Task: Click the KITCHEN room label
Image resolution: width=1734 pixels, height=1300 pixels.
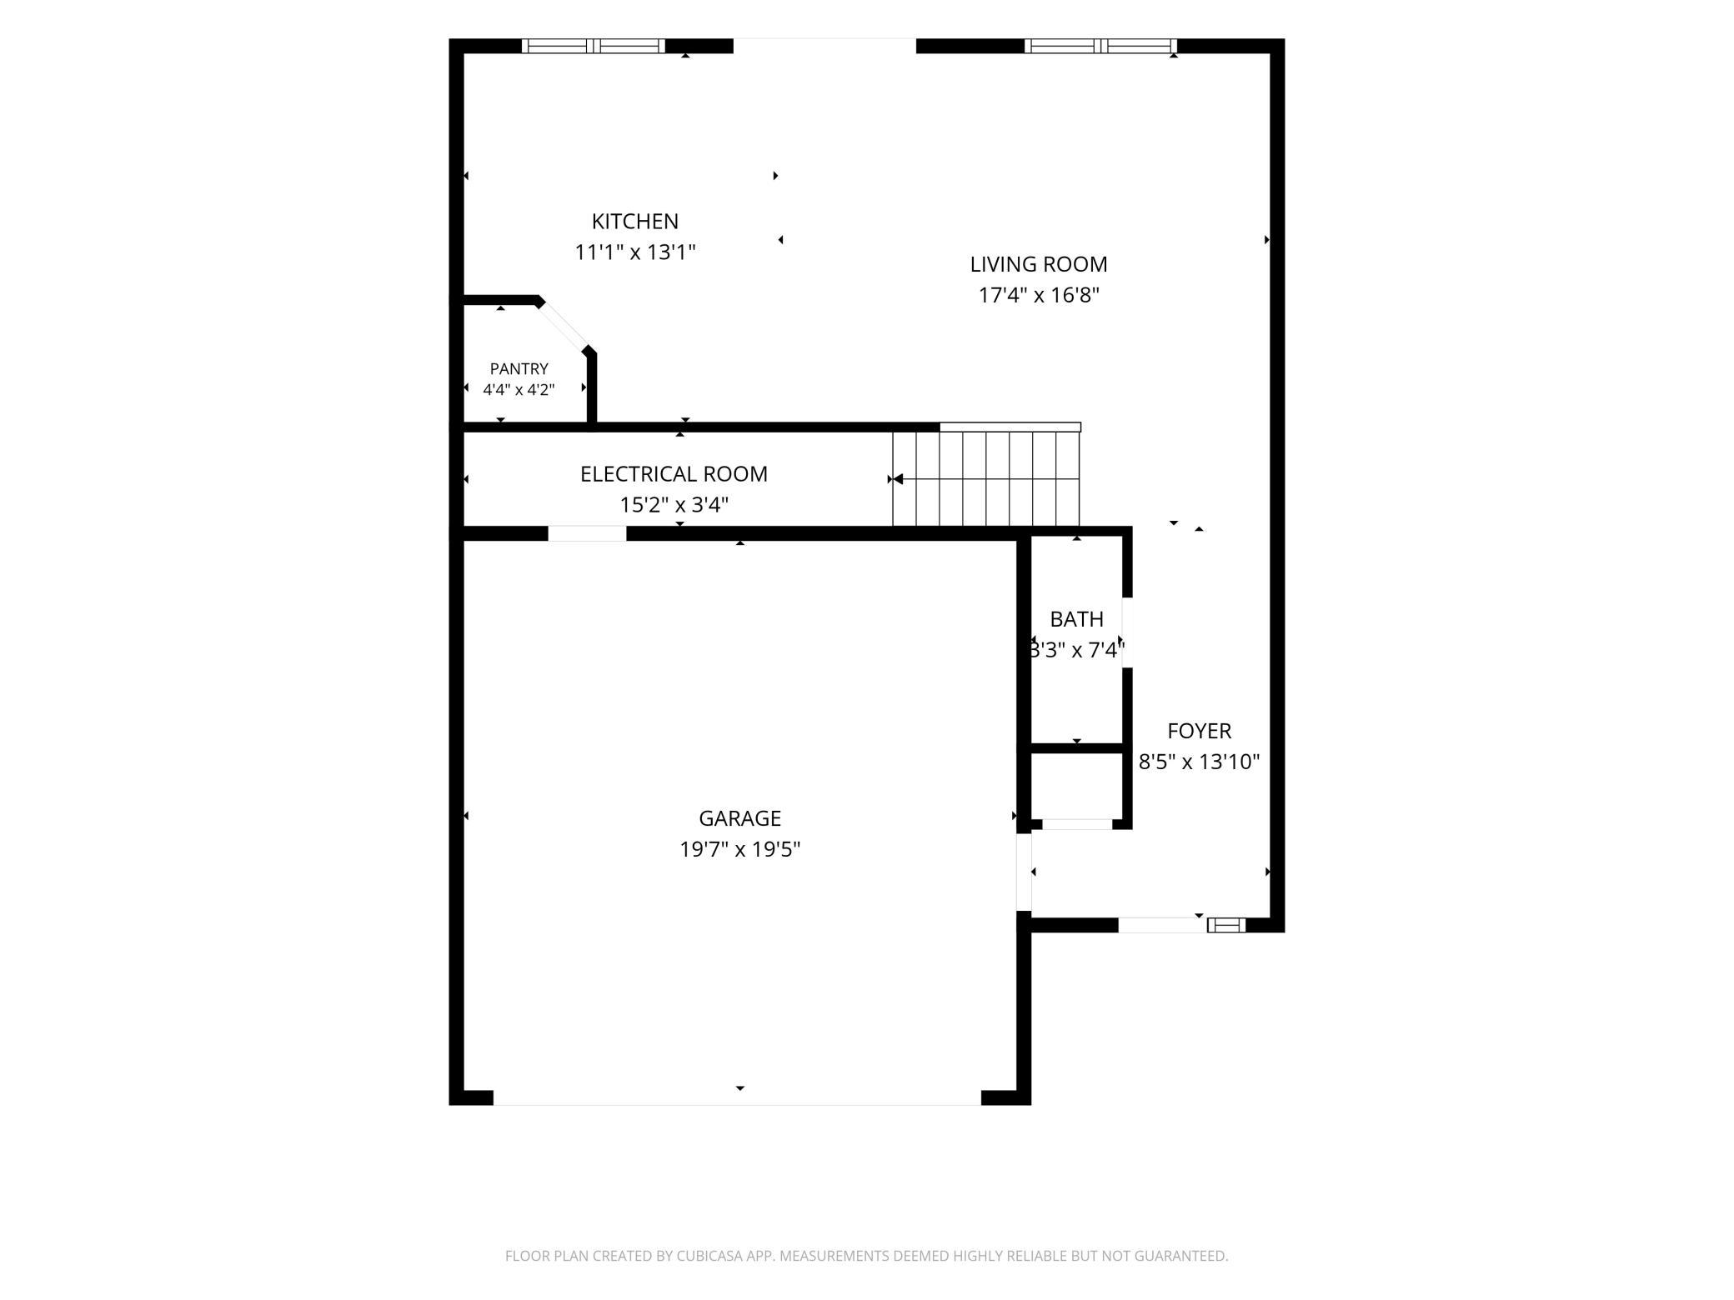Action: [x=634, y=222]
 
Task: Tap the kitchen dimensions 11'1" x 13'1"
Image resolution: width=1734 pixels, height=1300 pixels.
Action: [x=634, y=252]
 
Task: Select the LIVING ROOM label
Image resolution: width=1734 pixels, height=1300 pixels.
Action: [x=1038, y=264]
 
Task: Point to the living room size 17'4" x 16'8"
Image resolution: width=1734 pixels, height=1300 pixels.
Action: [x=1038, y=295]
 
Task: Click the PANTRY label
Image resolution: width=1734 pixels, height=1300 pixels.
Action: [x=519, y=368]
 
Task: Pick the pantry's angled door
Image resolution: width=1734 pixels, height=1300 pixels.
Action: [x=564, y=325]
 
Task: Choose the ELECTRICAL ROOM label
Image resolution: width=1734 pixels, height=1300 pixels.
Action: [x=674, y=474]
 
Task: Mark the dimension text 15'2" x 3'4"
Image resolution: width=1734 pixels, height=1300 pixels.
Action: [x=674, y=505]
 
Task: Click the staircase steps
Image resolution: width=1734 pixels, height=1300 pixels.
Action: [x=986, y=478]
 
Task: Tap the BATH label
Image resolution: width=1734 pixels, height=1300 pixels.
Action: [x=1076, y=619]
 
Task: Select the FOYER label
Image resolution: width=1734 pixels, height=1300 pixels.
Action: [x=1199, y=731]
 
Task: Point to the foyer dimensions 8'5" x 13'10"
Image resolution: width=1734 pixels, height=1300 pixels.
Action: [x=1199, y=762]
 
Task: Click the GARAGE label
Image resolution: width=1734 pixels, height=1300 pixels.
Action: [x=739, y=818]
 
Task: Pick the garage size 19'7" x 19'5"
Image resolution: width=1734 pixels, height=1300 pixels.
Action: [x=739, y=849]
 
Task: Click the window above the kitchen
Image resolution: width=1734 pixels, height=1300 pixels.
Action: [x=594, y=46]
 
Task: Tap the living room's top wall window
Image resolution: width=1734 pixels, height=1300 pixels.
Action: [x=1100, y=46]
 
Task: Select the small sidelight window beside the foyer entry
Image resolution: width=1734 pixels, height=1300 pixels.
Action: [x=1226, y=924]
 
